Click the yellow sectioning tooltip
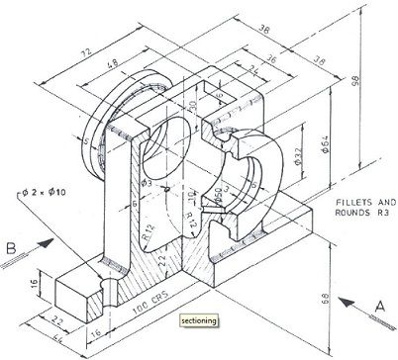(199, 320)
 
